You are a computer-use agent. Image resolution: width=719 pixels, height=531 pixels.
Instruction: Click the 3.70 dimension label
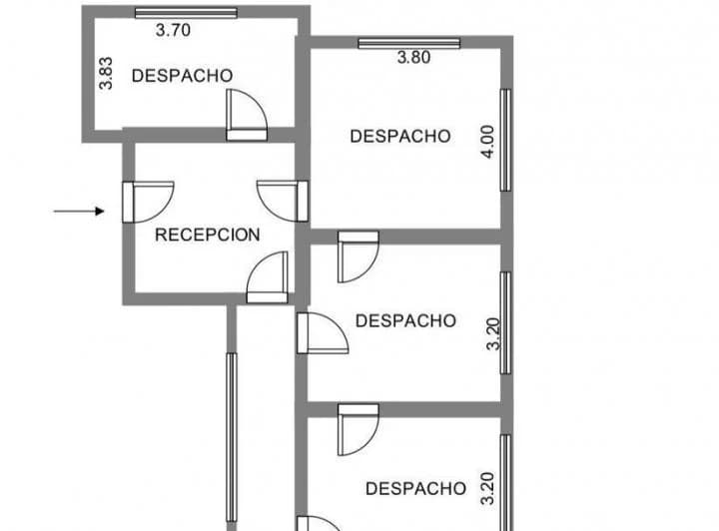coord(173,30)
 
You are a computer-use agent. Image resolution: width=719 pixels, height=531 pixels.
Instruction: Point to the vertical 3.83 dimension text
coord(106,73)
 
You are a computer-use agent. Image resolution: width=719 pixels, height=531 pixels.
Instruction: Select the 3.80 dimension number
coord(413,58)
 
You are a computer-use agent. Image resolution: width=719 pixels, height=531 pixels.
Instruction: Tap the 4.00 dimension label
coord(488,142)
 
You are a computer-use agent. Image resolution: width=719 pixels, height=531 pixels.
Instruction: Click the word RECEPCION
coord(208,235)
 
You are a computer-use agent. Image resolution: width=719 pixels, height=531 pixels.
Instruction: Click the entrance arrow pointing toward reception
coord(79,212)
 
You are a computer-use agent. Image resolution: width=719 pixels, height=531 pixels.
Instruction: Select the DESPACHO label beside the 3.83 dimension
coord(182,76)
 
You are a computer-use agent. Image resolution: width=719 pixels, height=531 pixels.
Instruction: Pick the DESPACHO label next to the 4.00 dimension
coord(400,136)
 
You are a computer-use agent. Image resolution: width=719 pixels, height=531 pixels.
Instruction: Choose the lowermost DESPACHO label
coord(415,489)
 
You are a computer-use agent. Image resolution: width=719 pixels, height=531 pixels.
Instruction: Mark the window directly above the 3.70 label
coord(186,13)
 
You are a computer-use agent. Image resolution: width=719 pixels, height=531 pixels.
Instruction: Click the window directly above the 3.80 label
coord(409,43)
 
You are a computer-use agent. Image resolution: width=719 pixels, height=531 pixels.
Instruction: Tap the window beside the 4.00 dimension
coord(505,140)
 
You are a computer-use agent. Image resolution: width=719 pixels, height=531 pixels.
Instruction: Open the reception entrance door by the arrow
coord(148,202)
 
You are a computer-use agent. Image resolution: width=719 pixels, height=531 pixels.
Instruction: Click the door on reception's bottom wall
coord(268,277)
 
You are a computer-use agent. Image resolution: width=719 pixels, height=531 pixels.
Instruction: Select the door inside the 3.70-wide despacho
coord(247,115)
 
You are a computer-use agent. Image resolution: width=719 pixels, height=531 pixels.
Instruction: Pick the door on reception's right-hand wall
coord(283,202)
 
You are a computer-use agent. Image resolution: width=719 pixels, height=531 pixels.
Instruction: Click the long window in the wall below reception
coord(232,437)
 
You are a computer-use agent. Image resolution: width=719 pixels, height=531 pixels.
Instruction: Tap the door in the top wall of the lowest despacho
coord(359,430)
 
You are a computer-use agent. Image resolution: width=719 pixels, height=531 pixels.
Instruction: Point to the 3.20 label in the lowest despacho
coord(488,488)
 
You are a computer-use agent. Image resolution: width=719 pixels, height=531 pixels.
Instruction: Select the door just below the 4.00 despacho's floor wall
coord(359,258)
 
